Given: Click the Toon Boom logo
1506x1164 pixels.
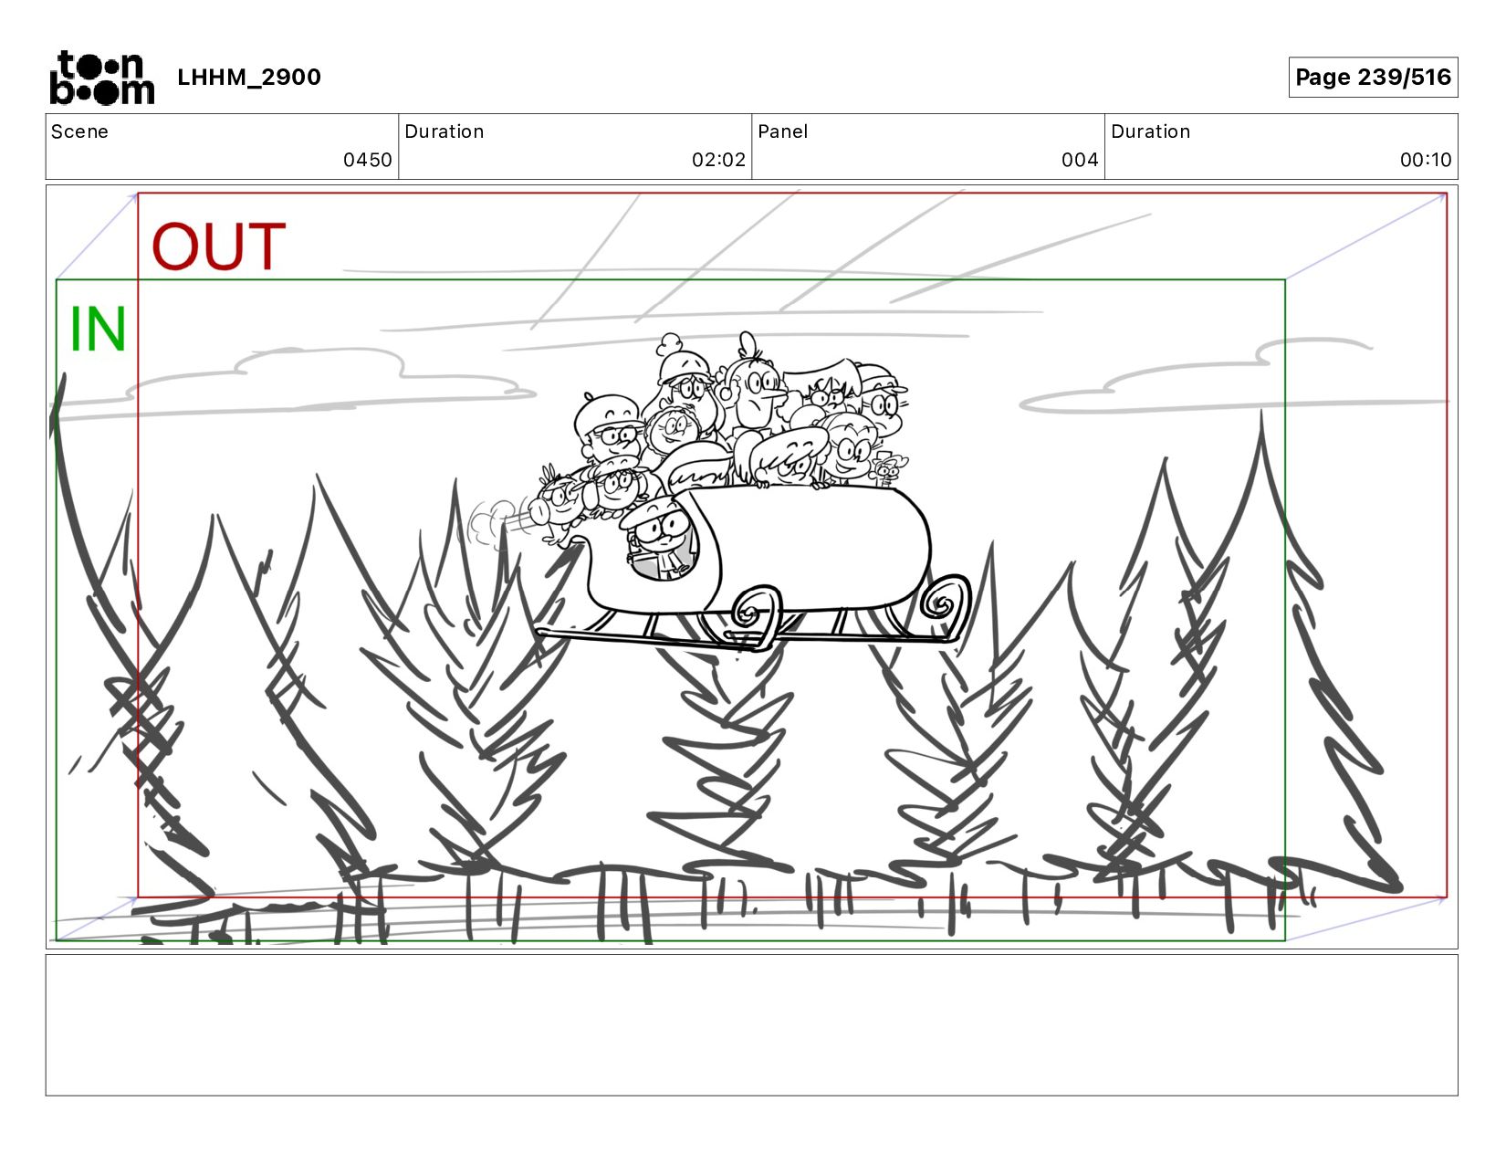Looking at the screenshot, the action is tap(102, 78).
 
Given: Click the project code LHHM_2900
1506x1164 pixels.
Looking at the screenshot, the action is tap(249, 77).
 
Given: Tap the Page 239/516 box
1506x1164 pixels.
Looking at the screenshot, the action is tap(1372, 77).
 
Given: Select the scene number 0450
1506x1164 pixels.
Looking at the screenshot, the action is tap(367, 160).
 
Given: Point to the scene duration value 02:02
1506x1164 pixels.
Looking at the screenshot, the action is tap(718, 160).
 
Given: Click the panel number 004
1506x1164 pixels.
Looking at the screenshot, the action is tap(1079, 160).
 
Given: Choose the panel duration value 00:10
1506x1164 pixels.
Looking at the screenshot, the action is tap(1425, 160).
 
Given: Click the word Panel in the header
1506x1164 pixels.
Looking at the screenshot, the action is tap(782, 131).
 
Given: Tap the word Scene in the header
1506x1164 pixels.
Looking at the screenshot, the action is tap(79, 131).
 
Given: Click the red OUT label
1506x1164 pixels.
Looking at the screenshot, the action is tap(218, 246).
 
